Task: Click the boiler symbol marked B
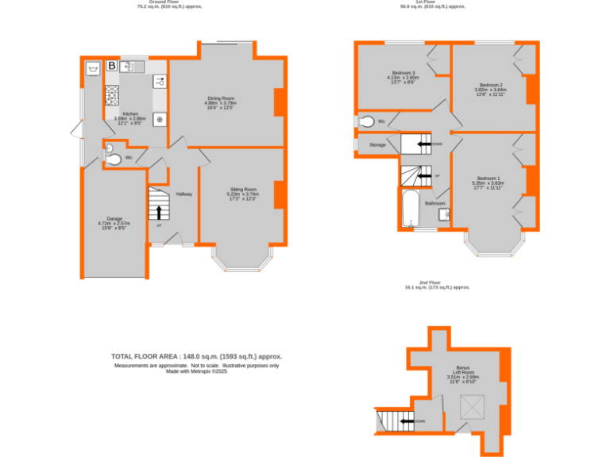(x=112, y=66)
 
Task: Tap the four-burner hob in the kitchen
(x=111, y=95)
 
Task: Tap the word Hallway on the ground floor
(x=184, y=194)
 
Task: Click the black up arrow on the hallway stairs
(x=159, y=212)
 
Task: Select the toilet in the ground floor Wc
(x=113, y=159)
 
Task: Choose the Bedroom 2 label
(x=490, y=86)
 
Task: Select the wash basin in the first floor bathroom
(x=444, y=213)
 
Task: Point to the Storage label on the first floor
(x=377, y=144)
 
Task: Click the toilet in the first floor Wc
(x=366, y=121)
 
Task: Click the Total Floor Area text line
(x=196, y=357)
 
